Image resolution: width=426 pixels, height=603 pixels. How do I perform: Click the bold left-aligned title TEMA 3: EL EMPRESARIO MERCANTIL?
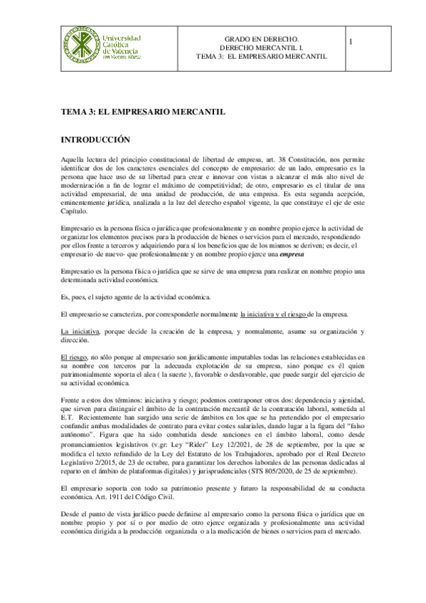[142, 111]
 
